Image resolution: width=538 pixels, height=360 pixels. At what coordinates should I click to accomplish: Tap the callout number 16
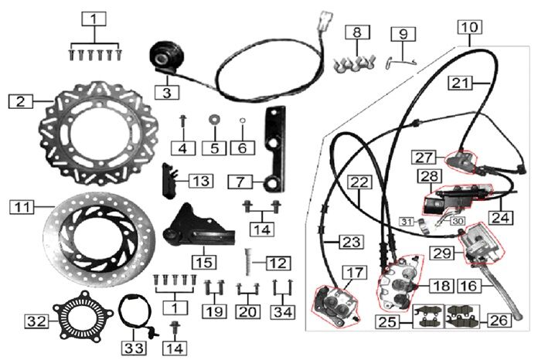coord(487,285)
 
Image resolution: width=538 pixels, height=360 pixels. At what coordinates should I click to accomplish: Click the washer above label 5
coord(213,121)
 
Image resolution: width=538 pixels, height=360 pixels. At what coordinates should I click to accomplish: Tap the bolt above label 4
coord(182,120)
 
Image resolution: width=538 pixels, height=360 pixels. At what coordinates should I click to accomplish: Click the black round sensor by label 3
coord(167,56)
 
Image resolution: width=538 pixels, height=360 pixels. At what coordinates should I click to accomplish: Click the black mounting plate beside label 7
coord(272,147)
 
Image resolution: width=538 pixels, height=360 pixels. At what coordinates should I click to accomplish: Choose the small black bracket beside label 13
coord(171,178)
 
